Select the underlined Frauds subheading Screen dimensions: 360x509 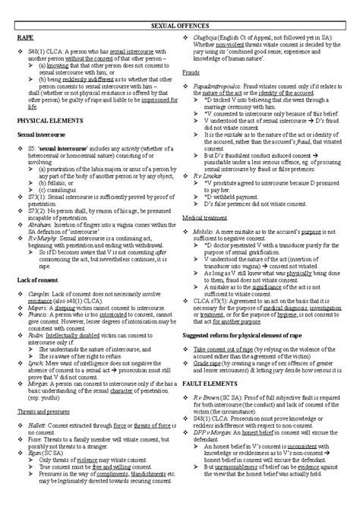(191, 72)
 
